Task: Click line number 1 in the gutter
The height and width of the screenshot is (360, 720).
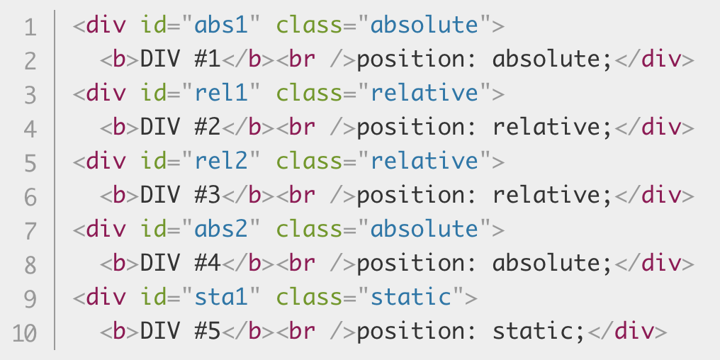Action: [x=29, y=28]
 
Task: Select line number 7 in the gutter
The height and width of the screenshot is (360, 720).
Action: [x=29, y=230]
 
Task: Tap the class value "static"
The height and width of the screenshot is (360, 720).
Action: [x=412, y=298]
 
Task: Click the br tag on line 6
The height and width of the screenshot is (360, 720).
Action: [x=303, y=196]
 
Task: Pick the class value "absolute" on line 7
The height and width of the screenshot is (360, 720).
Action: [x=424, y=230]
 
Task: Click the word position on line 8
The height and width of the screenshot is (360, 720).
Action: [x=411, y=264]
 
